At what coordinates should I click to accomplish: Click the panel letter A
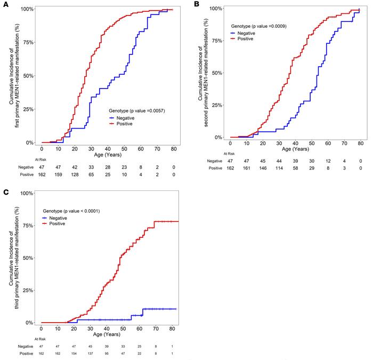tap(5, 4)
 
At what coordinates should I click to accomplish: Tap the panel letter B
tap(197, 4)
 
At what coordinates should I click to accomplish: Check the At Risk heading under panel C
tap(39, 338)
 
